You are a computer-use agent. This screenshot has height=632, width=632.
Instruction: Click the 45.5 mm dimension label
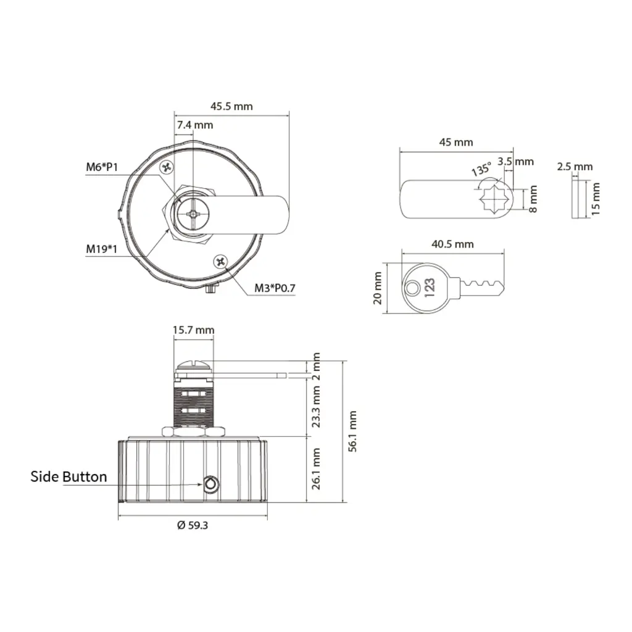pos(231,106)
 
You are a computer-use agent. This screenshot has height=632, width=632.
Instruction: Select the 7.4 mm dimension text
pos(194,125)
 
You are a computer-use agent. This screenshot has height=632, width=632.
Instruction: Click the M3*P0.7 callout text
pos(276,288)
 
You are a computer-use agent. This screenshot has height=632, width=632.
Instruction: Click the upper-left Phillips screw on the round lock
pos(166,167)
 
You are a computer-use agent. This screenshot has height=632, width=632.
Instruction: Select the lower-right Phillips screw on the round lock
pos(221,262)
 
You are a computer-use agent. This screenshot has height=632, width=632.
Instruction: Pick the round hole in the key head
pos(412,287)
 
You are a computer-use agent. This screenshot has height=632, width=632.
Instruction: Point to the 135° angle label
pos(481,169)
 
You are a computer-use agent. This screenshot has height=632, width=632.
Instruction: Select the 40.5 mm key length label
pos(452,244)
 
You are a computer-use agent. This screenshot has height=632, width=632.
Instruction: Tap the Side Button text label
pos(69,476)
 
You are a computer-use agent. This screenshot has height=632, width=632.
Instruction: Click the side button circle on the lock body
pos(210,484)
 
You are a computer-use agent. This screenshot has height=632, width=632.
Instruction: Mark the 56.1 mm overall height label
pos(352,431)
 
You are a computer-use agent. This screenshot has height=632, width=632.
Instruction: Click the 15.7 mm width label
pos(193,330)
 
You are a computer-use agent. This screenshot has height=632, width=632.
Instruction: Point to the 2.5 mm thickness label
pos(574,167)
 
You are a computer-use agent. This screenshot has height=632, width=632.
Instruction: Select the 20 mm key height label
pos(378,288)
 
